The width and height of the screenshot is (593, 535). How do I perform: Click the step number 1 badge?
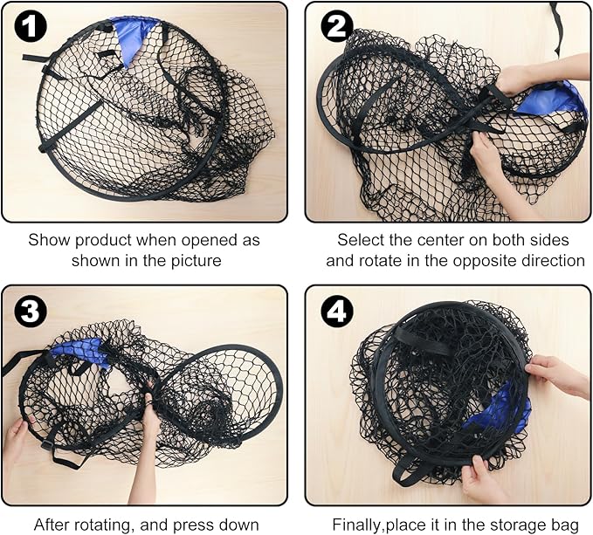click(x=31, y=26)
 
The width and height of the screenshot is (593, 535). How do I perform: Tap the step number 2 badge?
click(x=337, y=26)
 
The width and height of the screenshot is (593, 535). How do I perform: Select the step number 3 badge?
click(x=31, y=312)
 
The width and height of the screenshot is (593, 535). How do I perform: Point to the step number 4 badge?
click(x=337, y=312)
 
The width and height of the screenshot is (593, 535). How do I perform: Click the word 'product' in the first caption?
click(x=104, y=240)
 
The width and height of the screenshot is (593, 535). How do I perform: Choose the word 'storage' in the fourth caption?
click(x=518, y=525)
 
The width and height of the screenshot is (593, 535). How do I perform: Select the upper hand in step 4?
click(x=556, y=374)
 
